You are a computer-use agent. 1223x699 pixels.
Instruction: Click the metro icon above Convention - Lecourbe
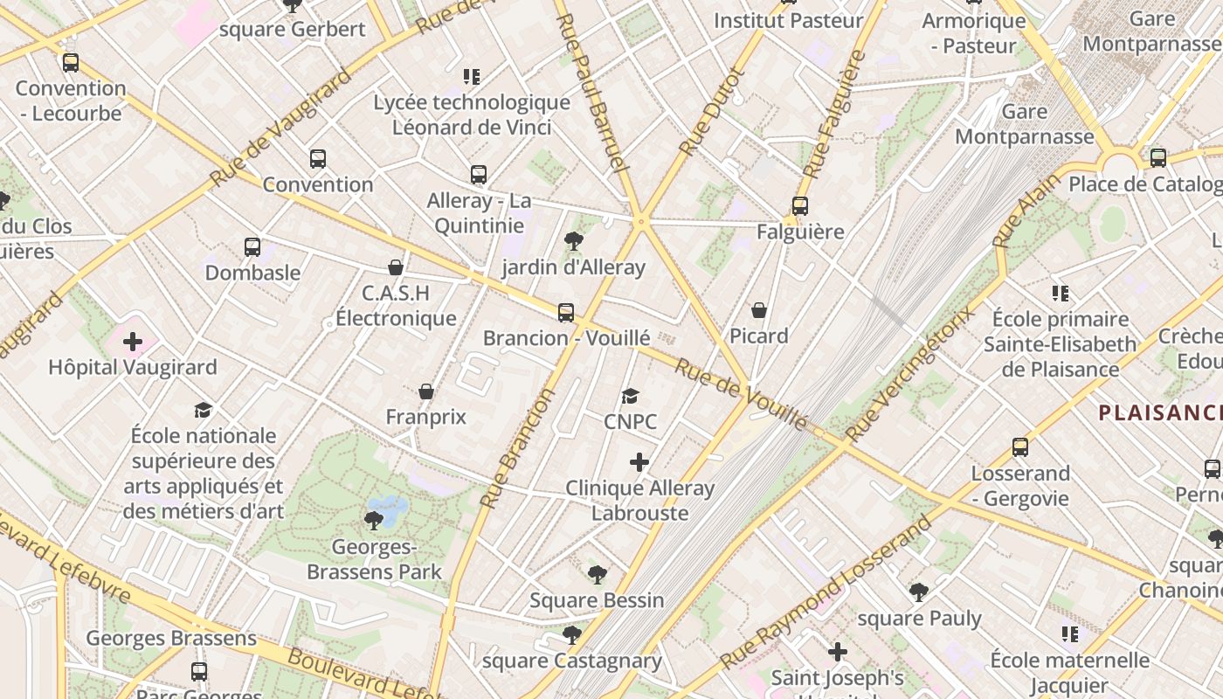pos(71,63)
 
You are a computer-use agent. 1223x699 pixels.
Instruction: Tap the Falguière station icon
pos(799,206)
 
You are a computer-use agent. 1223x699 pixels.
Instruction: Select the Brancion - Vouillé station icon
pos(566,312)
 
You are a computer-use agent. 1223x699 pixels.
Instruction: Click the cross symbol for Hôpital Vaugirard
pos(133,342)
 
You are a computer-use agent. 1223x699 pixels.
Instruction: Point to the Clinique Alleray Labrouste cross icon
pos(639,462)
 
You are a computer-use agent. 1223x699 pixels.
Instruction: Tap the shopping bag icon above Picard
pos(759,310)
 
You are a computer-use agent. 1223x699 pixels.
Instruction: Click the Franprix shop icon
pos(426,391)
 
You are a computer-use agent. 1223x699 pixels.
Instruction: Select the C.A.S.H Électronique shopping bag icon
pos(396,267)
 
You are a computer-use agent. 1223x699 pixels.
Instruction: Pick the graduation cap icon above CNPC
pos(630,397)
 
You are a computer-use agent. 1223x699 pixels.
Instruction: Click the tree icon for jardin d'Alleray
pos(574,241)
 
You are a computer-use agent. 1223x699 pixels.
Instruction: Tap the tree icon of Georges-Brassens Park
pos(373,522)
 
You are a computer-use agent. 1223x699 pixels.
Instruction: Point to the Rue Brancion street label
pos(518,448)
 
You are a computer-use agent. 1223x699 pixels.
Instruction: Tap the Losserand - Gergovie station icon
pos(1019,447)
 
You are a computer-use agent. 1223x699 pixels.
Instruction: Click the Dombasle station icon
pos(252,247)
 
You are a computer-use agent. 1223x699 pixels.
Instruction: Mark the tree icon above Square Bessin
pos(597,575)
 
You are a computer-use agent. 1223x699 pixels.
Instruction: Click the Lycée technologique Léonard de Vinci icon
pos(472,77)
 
